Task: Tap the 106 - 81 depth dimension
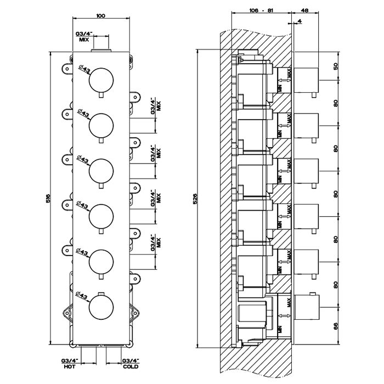(260, 10)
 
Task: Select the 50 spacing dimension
(336, 66)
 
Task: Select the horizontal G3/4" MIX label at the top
(84, 37)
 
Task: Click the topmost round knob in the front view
(101, 80)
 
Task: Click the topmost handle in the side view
(307, 80)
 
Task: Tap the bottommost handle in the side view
(307, 308)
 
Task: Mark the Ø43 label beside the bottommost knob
(83, 296)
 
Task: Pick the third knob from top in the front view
(101, 170)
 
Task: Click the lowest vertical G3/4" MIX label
(155, 241)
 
